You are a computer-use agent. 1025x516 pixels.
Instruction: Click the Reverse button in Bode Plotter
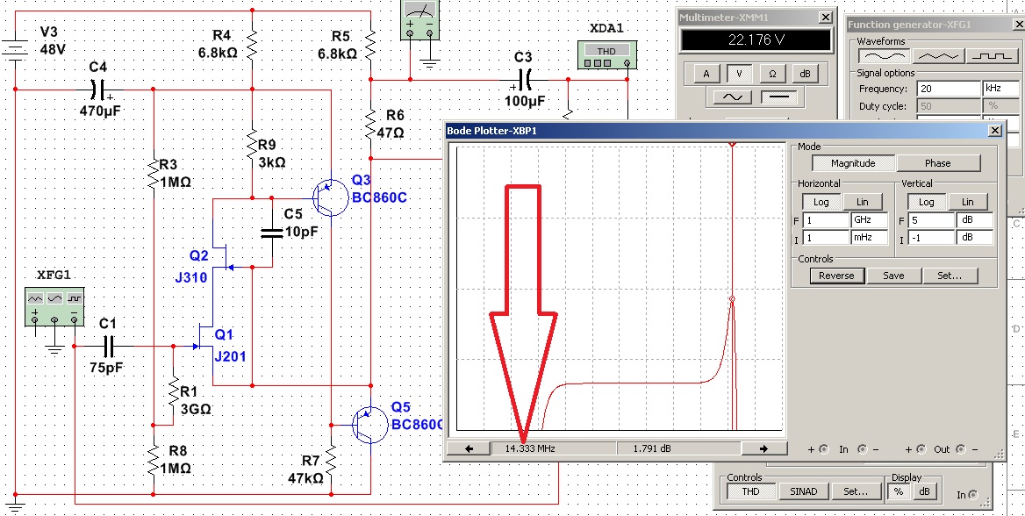point(836,275)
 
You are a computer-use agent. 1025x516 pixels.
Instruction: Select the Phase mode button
point(938,163)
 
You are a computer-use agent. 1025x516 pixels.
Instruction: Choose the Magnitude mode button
point(852,163)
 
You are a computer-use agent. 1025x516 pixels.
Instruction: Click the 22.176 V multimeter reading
point(756,40)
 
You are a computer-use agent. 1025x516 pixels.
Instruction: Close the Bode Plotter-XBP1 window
point(993,131)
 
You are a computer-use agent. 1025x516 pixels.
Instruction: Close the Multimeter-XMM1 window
point(824,18)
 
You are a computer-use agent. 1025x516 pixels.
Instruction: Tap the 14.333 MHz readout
point(528,448)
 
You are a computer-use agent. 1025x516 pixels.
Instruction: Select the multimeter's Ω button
point(772,74)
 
